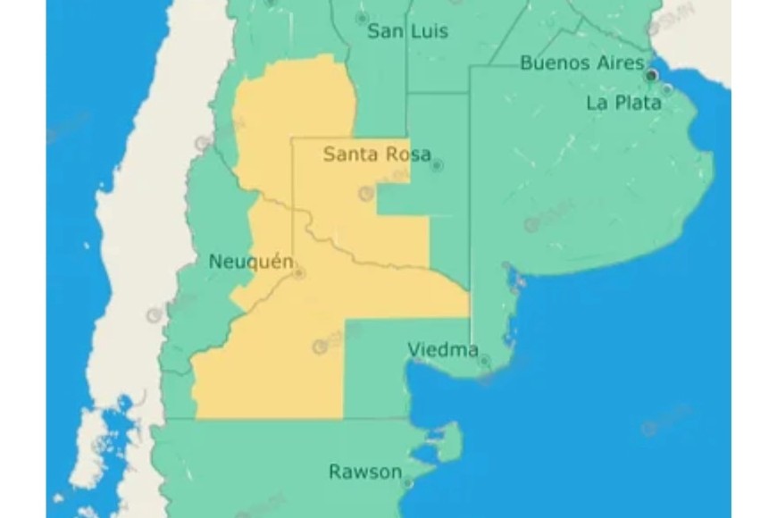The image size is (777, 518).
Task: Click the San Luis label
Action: coord(408,31)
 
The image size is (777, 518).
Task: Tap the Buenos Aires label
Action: coord(581,63)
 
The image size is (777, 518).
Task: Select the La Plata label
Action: coord(624,103)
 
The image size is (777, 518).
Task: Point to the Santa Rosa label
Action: coord(376,154)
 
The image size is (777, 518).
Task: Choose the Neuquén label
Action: coord(251,262)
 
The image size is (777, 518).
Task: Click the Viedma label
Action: coord(442,349)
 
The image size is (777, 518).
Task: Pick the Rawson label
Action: coord(365,472)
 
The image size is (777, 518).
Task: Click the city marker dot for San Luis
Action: coord(362,18)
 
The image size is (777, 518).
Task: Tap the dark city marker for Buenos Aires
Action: coord(652,76)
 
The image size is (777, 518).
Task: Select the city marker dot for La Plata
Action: coord(667,89)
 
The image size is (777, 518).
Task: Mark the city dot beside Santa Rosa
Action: coord(437,165)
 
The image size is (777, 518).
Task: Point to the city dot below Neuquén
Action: coord(299,273)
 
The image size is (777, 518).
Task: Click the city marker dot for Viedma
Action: coord(484,361)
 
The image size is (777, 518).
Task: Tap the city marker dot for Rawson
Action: coord(407,482)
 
